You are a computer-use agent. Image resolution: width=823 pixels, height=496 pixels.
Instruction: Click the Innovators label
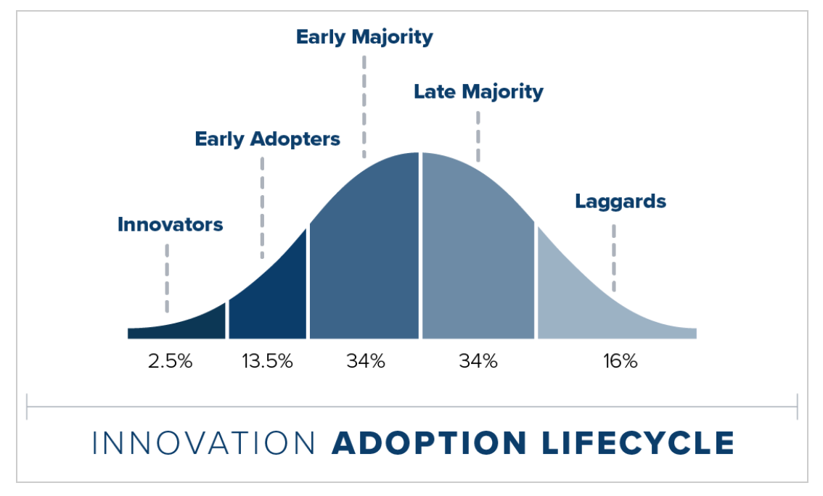click(170, 225)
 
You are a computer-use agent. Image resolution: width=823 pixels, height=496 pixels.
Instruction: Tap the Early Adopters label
click(267, 139)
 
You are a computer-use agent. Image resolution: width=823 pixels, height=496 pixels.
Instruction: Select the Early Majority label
click(364, 36)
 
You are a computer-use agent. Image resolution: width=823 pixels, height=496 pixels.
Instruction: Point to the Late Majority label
click(478, 92)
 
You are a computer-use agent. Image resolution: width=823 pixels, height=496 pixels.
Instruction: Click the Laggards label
click(621, 201)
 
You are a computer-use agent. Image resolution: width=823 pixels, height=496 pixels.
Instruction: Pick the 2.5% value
click(170, 361)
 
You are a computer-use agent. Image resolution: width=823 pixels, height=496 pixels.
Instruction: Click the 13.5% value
click(267, 361)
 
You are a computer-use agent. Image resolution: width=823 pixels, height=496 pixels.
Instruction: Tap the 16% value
click(619, 361)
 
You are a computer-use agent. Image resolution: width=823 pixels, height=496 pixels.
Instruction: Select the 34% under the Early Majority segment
click(365, 361)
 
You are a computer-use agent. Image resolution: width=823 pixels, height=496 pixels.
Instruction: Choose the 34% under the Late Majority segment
click(478, 361)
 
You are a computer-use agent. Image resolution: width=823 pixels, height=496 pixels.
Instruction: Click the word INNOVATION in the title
click(204, 443)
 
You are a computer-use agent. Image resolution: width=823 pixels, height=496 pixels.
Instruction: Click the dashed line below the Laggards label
click(614, 257)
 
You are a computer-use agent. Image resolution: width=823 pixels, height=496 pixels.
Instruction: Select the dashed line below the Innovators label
click(167, 277)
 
